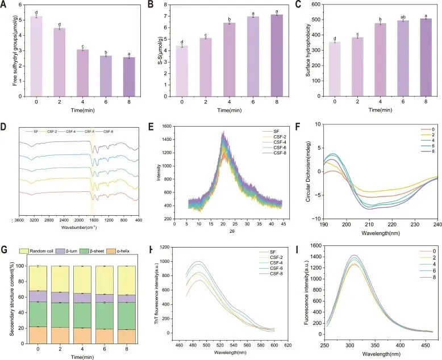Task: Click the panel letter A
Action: (x=5, y=7)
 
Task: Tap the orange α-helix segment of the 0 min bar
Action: (x=39, y=335)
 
